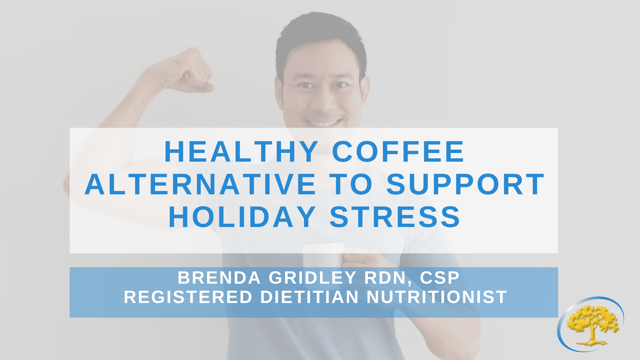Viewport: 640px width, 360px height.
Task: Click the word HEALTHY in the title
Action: [241, 152]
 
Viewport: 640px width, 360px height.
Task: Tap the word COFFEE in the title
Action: [398, 152]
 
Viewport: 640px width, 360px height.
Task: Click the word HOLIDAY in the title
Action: [242, 217]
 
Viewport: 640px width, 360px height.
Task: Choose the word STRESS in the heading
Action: [395, 217]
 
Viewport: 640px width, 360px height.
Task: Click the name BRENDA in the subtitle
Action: [219, 278]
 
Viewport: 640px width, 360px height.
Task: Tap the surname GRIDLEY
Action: [313, 278]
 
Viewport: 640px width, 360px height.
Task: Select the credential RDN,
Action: [388, 278]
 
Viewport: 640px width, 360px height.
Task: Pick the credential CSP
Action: [440, 278]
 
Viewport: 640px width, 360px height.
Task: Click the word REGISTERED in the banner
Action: [188, 297]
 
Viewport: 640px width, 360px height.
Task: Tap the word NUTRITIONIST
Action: [437, 297]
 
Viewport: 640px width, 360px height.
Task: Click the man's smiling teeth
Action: [323, 123]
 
